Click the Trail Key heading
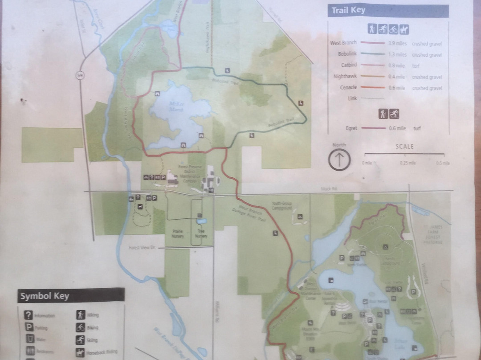pos(348,11)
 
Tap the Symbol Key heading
pos(45,295)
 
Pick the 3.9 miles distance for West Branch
pos(397,43)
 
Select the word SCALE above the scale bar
pos(404,146)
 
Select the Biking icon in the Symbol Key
pos(80,327)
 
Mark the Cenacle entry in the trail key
pos(348,88)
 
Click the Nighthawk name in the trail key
pos(345,77)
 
